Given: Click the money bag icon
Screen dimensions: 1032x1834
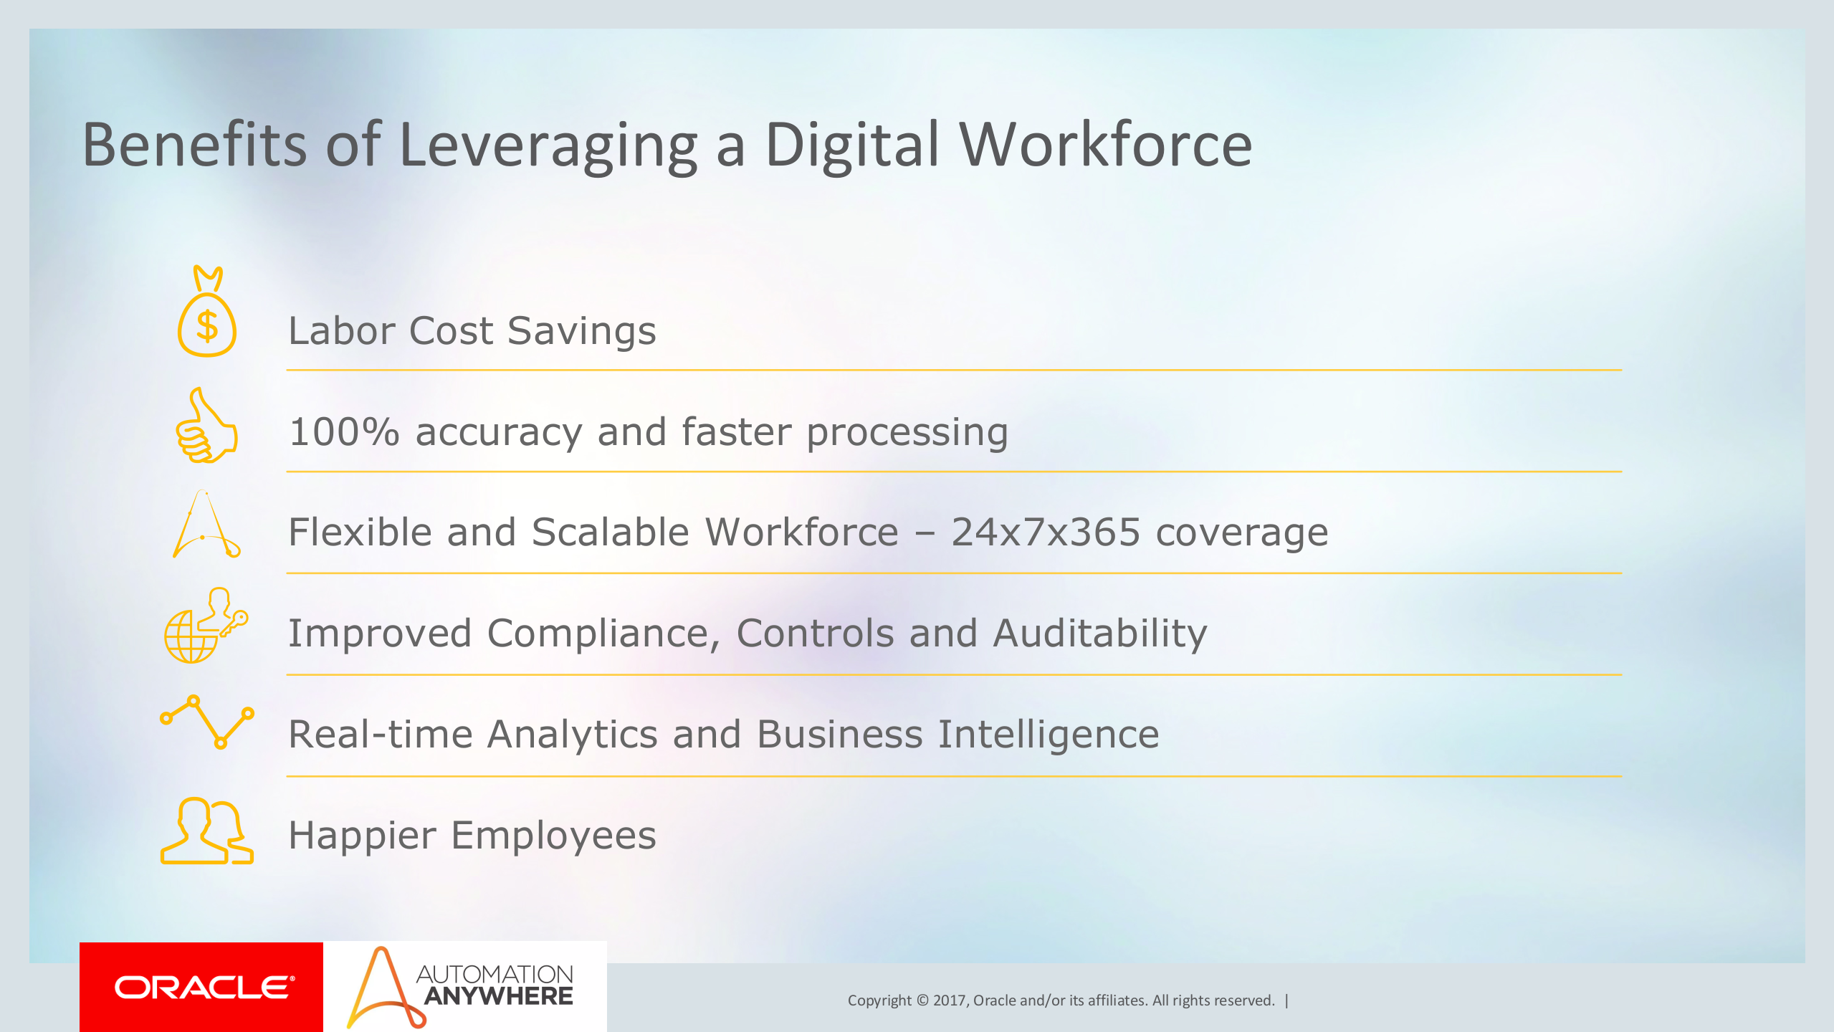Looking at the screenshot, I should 206,314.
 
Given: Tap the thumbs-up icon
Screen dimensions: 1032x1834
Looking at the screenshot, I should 206,427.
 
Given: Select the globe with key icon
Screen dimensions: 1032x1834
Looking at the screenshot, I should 205,626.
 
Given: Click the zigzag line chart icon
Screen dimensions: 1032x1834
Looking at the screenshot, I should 206,721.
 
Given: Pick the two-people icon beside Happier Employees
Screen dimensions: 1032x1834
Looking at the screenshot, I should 206,831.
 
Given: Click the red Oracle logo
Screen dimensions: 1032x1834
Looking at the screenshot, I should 201,988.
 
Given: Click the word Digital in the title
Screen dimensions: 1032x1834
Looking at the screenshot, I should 851,145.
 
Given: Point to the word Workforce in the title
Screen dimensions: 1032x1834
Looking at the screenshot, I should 1105,145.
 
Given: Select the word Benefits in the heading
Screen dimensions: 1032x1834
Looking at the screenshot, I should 194,145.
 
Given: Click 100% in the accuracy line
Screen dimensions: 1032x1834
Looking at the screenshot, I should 344,432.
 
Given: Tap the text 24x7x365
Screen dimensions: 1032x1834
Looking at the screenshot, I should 1045,532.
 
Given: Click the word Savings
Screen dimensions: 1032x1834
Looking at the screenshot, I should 581,331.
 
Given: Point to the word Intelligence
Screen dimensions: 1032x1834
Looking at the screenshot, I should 1048,735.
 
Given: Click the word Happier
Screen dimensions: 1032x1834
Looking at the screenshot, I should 362,836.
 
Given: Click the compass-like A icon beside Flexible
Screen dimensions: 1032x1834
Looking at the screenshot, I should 205,525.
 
